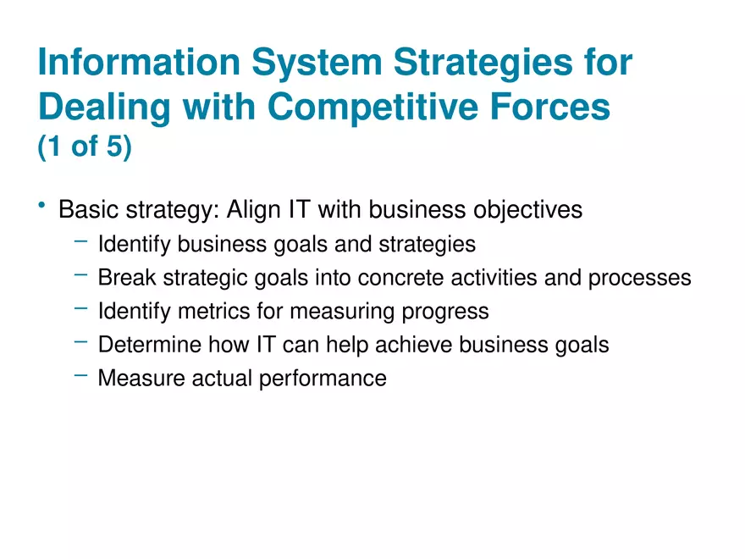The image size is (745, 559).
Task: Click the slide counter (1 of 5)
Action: pyautogui.click(x=85, y=147)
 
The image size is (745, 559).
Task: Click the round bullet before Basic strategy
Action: pyautogui.click(x=41, y=206)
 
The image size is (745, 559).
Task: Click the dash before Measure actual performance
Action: pyautogui.click(x=80, y=374)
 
